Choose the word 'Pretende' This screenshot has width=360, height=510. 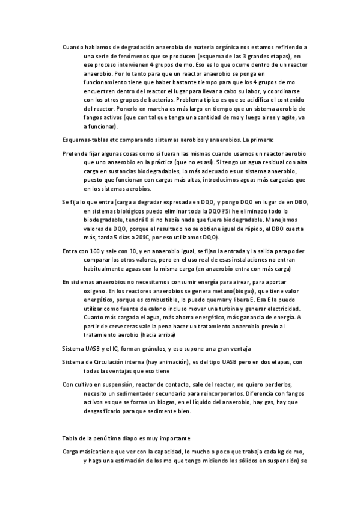click(75, 154)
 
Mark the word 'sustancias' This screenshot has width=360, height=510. click(124, 172)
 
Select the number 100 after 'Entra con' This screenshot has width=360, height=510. click(98, 251)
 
